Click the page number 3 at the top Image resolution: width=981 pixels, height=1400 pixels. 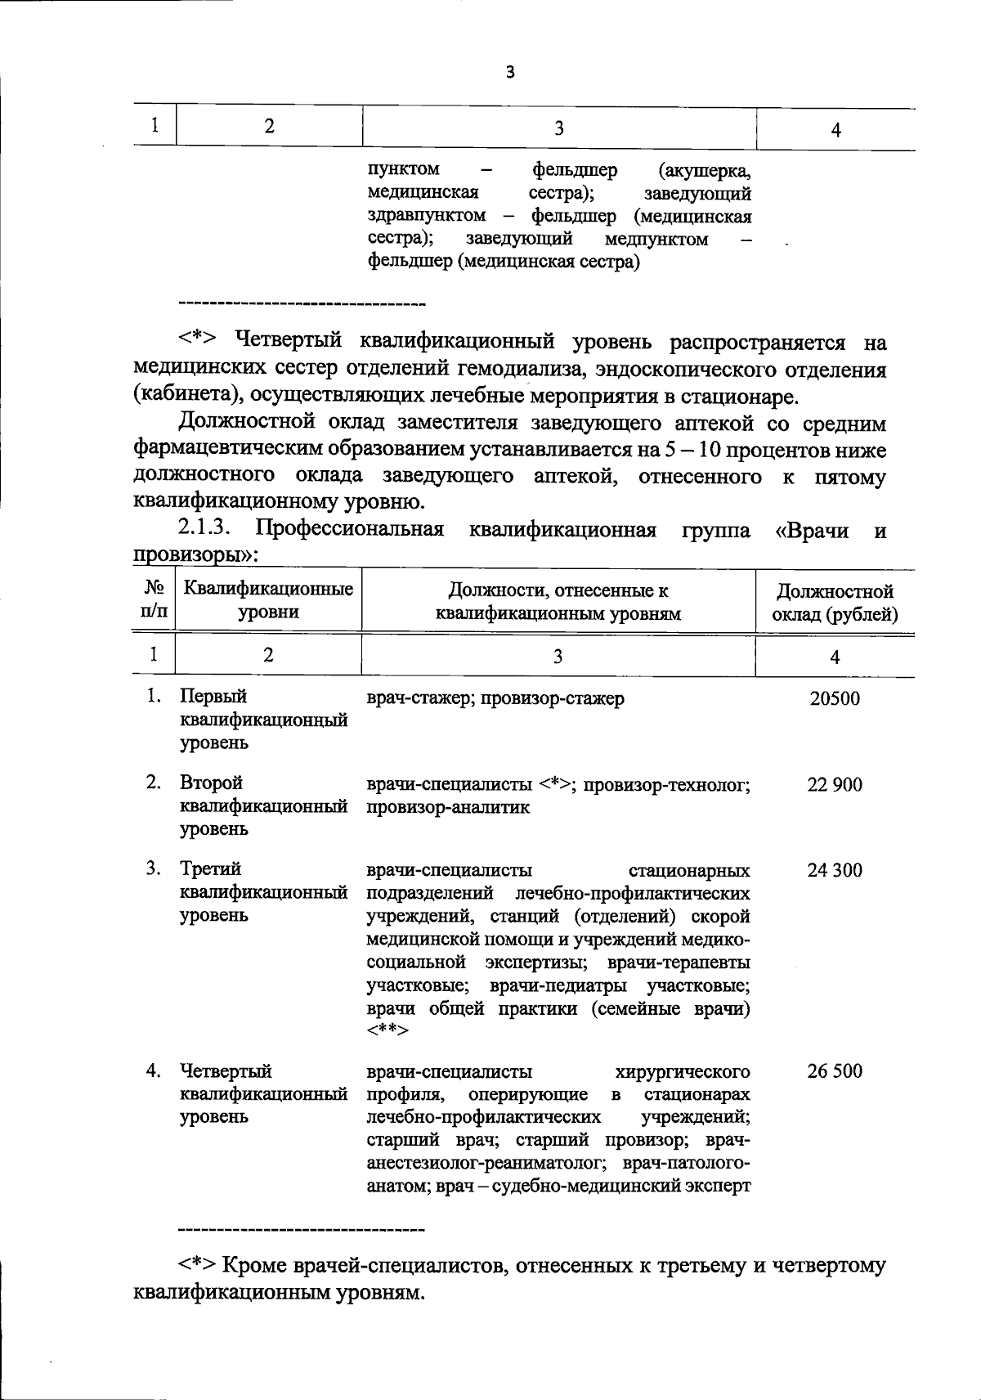coord(510,73)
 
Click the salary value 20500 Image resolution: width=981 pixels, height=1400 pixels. coord(835,699)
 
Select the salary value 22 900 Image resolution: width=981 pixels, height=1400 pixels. coord(835,785)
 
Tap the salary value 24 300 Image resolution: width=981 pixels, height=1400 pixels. coord(835,870)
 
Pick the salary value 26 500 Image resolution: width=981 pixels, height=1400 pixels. coord(835,1071)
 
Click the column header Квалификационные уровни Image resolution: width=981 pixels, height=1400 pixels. coord(268,600)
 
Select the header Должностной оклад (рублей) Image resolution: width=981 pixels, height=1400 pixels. coord(835,603)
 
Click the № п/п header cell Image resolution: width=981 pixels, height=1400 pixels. coord(153,600)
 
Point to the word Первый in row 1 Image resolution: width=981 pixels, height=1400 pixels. coord(213,697)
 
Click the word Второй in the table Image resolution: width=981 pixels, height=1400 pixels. coord(211,783)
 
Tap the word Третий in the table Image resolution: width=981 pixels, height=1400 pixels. coord(210,868)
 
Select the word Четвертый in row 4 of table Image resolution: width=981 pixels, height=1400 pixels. coord(226,1071)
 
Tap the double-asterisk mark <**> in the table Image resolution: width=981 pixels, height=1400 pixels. coord(388,1030)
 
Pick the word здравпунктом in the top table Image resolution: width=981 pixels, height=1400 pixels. coord(426,216)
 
